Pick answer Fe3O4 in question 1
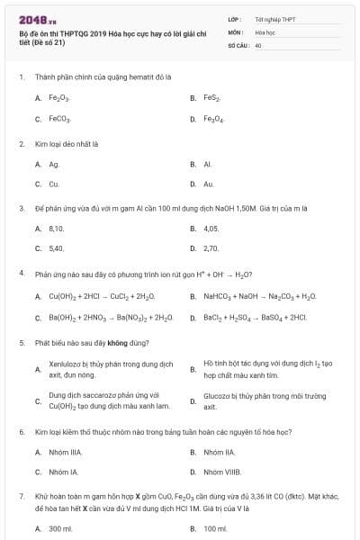point(213,119)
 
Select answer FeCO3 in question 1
point(59,119)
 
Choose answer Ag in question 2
point(54,164)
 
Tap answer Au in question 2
point(209,184)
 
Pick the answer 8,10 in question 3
point(57,229)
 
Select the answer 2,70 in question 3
point(211,248)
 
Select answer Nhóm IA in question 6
point(63,471)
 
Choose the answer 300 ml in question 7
point(60,528)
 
